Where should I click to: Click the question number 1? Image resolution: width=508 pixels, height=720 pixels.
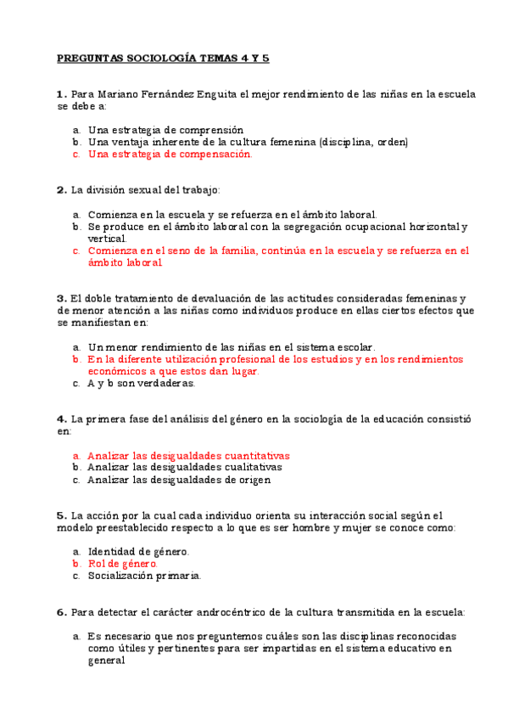coord(61,94)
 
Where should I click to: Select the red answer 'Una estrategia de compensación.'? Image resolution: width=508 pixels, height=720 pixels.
coord(170,155)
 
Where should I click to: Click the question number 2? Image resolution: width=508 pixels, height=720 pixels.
coord(61,189)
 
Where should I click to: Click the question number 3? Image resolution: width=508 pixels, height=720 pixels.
coord(61,298)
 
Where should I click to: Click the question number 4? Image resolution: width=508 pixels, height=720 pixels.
coord(61,419)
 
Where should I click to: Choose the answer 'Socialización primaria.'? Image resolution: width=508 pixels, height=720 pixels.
coord(144,576)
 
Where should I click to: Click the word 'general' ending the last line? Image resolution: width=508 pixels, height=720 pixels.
coord(107,661)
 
